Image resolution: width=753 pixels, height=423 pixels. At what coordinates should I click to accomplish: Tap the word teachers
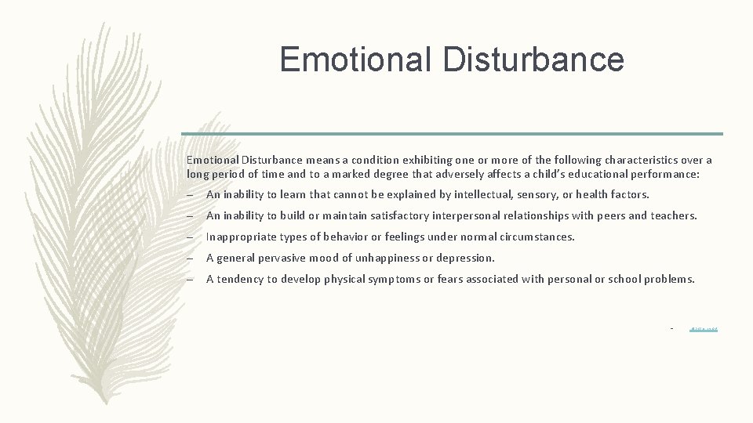674,215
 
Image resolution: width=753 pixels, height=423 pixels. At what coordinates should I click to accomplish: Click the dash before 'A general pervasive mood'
191,258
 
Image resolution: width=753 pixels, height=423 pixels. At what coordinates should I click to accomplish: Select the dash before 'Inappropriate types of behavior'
191,237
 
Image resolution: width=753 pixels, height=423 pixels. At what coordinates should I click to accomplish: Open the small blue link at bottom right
704,328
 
